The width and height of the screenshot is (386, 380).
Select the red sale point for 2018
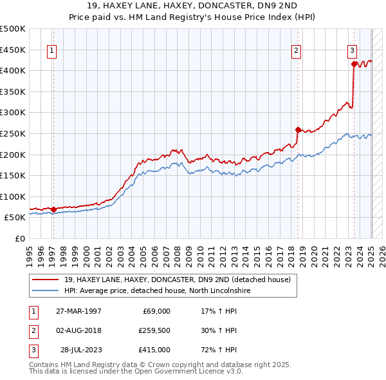click(298, 129)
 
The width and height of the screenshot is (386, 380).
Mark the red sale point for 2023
click(354, 64)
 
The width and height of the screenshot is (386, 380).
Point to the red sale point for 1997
click(53, 209)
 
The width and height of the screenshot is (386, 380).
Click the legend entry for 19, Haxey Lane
click(178, 280)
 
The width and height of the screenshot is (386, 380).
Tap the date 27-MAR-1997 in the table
click(79, 311)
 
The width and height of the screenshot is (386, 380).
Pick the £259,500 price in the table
click(154, 330)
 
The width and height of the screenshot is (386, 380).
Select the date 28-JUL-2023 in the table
click(80, 350)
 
